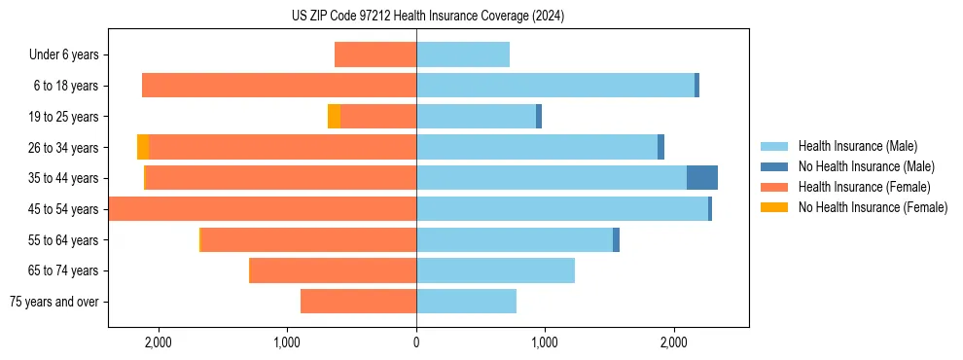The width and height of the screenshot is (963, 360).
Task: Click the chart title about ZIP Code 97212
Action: pos(427,16)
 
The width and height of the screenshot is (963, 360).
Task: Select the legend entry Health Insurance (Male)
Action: pos(857,146)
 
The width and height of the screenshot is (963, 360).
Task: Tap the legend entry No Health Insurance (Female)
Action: pos(873,207)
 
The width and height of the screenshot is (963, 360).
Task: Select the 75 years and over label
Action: pos(53,302)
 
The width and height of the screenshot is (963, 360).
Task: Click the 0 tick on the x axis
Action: pos(416,342)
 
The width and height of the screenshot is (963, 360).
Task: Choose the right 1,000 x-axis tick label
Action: pos(545,342)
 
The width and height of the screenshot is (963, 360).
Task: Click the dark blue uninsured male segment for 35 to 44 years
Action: pos(702,178)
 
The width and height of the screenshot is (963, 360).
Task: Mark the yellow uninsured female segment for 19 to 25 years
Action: pos(334,117)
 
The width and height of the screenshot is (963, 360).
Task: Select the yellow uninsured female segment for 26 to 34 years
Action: pos(143,147)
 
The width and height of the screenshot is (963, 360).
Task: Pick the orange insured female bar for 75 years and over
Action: pos(358,302)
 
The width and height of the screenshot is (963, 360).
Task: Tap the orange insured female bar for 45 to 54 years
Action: pos(263,209)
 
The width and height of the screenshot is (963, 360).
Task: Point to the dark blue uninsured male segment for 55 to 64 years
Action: pos(616,240)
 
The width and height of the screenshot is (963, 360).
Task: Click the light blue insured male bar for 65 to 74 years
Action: pos(495,270)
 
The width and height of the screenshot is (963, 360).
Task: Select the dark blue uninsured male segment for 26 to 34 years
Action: pos(660,147)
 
